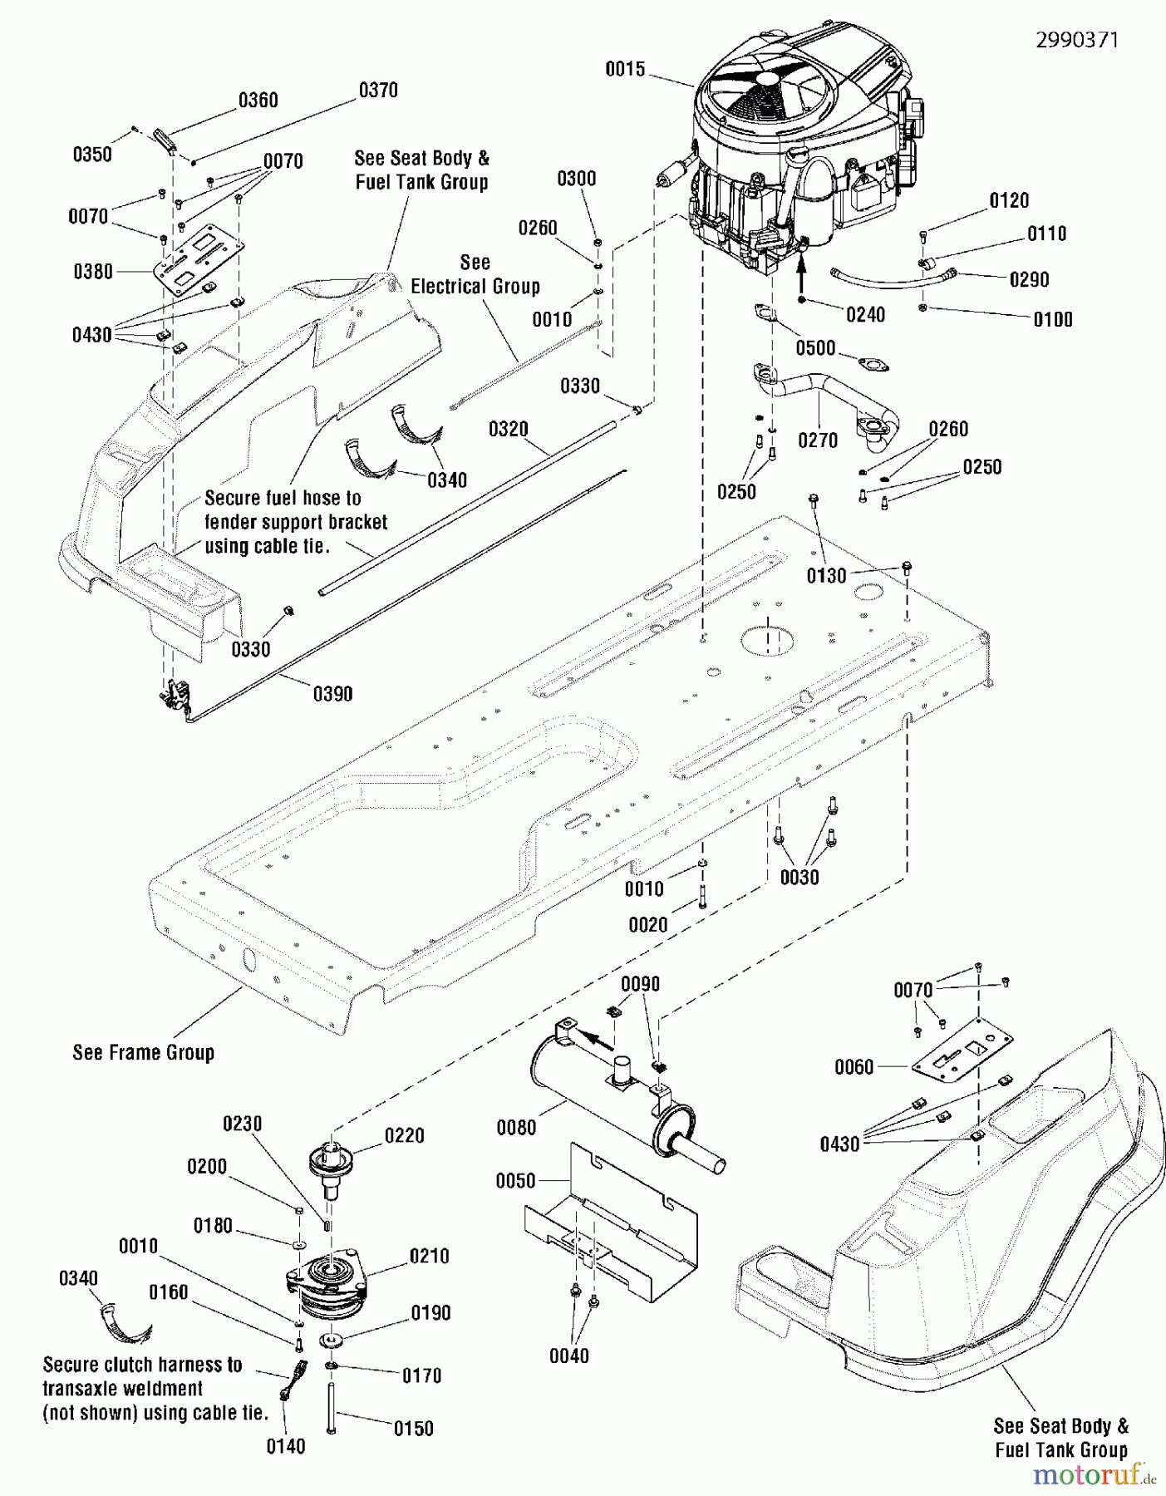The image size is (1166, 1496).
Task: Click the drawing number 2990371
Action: [x=1076, y=40]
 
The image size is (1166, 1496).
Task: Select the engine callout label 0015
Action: [x=625, y=69]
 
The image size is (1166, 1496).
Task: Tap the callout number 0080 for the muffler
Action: [x=516, y=1128]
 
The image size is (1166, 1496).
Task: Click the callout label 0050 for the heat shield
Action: [x=515, y=1181]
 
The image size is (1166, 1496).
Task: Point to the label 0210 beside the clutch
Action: [x=429, y=1256]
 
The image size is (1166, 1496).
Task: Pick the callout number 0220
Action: [x=404, y=1135]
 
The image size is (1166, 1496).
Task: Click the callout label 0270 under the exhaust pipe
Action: [x=818, y=440]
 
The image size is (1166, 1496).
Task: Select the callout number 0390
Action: [x=332, y=694]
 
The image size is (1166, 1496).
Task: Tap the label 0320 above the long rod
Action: [x=508, y=429]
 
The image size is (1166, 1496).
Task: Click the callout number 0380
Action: [x=93, y=272]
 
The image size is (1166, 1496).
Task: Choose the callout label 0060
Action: [x=854, y=1067]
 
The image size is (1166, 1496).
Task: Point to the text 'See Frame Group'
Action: [x=143, y=1052]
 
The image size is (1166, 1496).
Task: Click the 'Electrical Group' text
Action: [x=475, y=286]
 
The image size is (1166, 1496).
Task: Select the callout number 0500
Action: [x=815, y=347]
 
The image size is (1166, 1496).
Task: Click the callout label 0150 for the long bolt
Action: [x=413, y=1429]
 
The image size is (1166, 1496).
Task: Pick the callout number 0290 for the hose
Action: [x=1029, y=280]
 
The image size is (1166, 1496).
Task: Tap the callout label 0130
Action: [x=826, y=575]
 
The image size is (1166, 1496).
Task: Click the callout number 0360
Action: [x=258, y=101]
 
